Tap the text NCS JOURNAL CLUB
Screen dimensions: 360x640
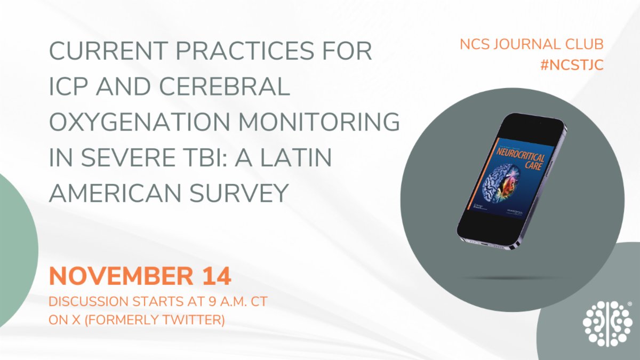point(532,45)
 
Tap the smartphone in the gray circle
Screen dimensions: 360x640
point(511,182)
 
